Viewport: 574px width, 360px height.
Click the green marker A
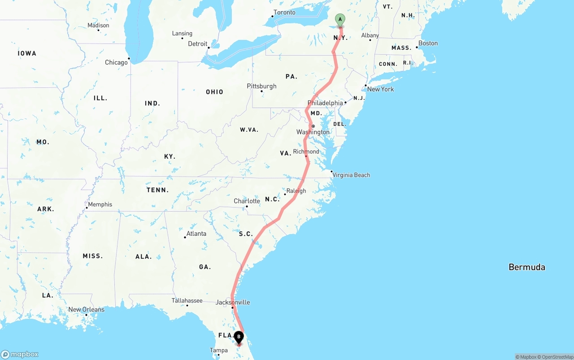click(x=340, y=20)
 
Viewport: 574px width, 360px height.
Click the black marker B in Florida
click(x=239, y=337)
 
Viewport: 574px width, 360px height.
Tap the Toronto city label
click(x=284, y=13)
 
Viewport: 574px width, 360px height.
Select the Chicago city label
click(x=116, y=62)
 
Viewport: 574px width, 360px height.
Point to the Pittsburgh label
click(x=261, y=86)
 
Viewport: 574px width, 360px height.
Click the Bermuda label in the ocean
click(x=526, y=267)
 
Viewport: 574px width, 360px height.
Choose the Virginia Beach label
click(x=351, y=175)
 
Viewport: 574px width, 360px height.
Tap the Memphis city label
click(x=100, y=204)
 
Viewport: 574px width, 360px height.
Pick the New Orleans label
click(x=86, y=309)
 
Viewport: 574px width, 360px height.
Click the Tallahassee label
click(x=187, y=300)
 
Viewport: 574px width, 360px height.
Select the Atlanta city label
click(x=196, y=234)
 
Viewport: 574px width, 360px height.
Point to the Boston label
click(x=428, y=43)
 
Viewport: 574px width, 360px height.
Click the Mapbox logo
click(x=20, y=354)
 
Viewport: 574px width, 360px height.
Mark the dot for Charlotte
click(x=246, y=207)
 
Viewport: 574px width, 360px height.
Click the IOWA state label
click(x=27, y=53)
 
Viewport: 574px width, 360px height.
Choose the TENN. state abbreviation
click(x=157, y=190)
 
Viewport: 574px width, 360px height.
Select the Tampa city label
click(x=218, y=350)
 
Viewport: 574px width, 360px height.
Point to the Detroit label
click(x=197, y=44)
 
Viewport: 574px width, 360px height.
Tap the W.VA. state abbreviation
click(x=249, y=130)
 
